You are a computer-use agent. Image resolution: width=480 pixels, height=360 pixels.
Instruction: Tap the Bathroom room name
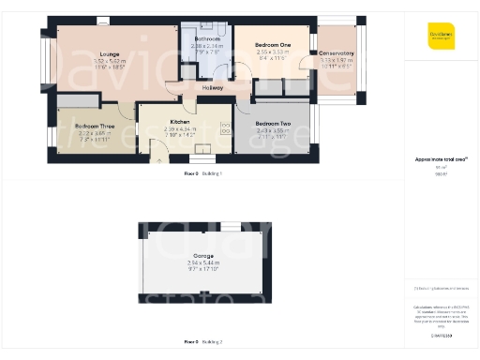[x=207, y=38]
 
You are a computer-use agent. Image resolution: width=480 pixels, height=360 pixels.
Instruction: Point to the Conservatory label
[x=335, y=53]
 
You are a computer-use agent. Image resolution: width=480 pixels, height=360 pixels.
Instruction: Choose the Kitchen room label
[x=180, y=122]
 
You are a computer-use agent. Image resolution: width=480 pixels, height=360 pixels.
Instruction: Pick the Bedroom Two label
[x=273, y=123]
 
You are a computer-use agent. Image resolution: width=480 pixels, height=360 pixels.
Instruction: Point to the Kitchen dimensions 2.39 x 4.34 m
[x=180, y=128]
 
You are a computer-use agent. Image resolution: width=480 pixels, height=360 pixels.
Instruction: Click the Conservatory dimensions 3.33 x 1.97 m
[x=335, y=60]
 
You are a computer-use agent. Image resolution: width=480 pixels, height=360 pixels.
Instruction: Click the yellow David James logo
[x=441, y=35]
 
